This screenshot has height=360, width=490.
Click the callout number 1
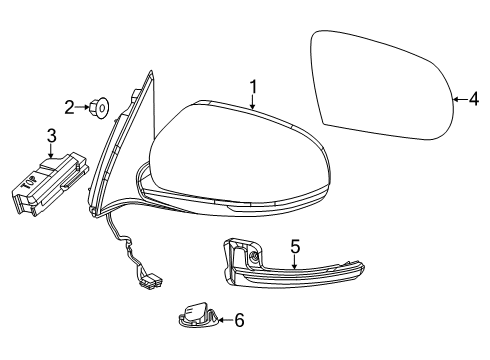(x=254, y=87)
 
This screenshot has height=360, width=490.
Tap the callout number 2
(x=70, y=106)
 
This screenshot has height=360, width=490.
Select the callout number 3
(x=51, y=135)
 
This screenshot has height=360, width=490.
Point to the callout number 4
(x=474, y=98)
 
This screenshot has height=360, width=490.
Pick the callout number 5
(x=295, y=246)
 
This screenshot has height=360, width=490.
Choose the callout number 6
(x=238, y=321)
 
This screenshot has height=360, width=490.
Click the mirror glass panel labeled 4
(x=385, y=85)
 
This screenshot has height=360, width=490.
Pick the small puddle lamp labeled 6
(x=198, y=317)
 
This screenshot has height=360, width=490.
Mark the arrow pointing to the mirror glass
(x=458, y=98)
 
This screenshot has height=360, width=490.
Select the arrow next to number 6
(x=223, y=321)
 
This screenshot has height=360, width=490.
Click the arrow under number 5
(x=295, y=262)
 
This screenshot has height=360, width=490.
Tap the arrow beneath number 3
(x=51, y=151)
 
